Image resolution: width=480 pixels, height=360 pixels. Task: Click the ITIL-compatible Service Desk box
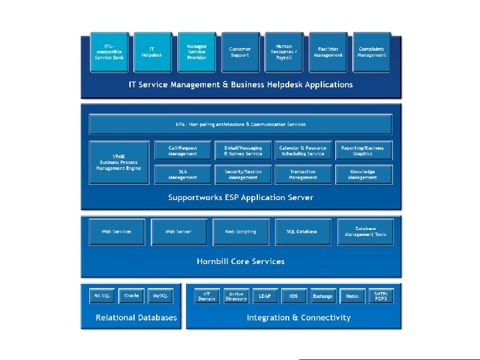coord(109,52)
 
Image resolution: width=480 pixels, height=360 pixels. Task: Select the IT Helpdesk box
coord(153,52)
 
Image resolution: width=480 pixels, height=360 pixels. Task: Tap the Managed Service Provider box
coord(197,52)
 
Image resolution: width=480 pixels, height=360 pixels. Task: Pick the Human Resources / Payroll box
coord(284,52)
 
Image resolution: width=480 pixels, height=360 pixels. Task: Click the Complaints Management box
coord(371,52)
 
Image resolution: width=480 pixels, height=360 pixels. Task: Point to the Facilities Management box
coord(328,52)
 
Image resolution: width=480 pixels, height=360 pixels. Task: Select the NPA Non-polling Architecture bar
coord(241,125)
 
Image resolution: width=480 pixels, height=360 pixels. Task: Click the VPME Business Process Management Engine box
coord(120,162)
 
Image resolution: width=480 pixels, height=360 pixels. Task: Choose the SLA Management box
coord(183,175)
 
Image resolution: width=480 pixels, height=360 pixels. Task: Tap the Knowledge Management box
coord(363,175)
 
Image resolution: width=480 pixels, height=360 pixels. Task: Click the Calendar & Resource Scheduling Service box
coord(303,151)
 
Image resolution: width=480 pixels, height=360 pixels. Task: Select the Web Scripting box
coord(240,231)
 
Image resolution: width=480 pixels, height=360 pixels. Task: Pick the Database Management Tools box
coord(365,231)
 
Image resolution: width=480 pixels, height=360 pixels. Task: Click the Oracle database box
coord(131,295)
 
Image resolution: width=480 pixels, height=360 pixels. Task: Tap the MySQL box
coord(160,295)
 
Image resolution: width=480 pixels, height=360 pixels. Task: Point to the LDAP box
coord(265,295)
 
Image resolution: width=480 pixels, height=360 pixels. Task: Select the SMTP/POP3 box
coord(380,295)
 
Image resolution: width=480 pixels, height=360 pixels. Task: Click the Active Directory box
coord(236,295)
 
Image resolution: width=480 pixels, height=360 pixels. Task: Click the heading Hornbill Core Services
coord(241,261)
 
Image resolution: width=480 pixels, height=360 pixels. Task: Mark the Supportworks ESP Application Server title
coord(241,197)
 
